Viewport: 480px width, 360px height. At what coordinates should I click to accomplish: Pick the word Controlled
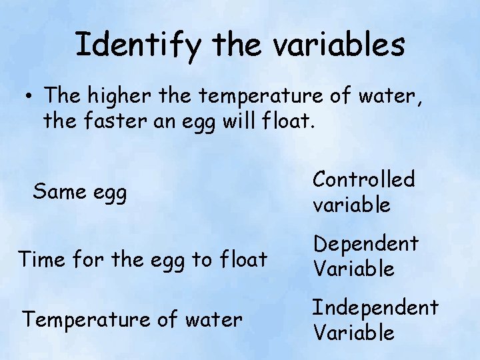pyautogui.click(x=364, y=179)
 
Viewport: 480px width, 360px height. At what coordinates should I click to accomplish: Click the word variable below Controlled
pyautogui.click(x=351, y=205)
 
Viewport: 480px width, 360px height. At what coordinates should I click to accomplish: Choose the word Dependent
pyautogui.click(x=365, y=244)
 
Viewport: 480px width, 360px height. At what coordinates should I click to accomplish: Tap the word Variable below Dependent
pyautogui.click(x=353, y=269)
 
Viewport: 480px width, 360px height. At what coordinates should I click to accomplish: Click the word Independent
pyautogui.click(x=375, y=307)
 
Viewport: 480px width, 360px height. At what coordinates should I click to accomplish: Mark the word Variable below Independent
pyautogui.click(x=353, y=332)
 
